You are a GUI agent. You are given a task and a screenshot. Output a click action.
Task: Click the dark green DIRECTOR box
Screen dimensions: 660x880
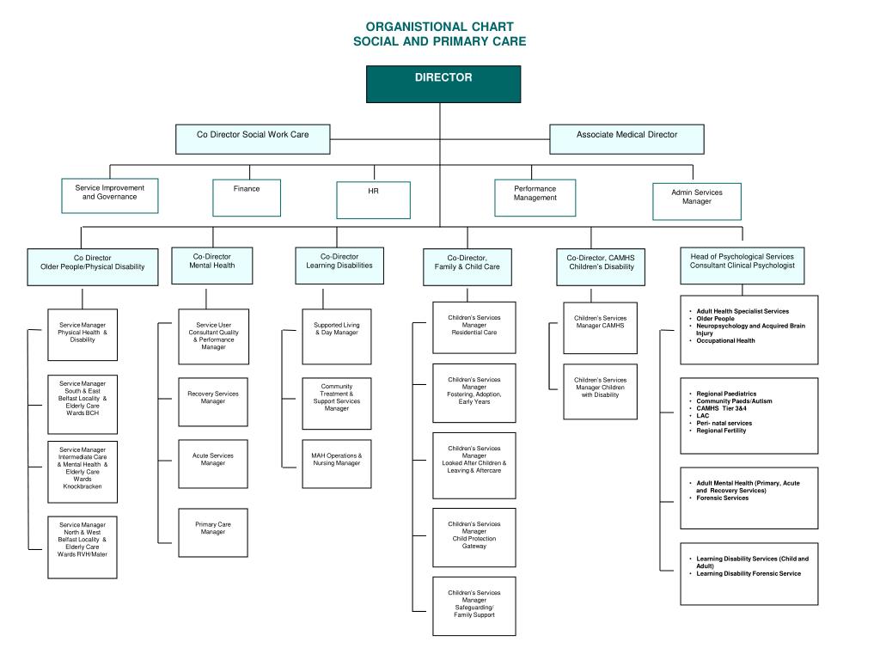click(x=443, y=84)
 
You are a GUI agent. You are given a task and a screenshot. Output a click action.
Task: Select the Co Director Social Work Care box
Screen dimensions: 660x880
click(x=253, y=138)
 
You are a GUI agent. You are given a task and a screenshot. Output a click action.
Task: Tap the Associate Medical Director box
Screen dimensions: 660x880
click(x=626, y=138)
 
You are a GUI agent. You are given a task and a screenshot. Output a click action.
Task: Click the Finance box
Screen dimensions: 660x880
click(x=247, y=198)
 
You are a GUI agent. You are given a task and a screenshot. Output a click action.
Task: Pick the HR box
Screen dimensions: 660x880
click(x=373, y=199)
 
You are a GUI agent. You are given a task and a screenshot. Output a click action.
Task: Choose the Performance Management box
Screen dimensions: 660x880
click(x=535, y=198)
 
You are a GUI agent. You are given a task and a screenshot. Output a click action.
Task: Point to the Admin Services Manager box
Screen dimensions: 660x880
click(x=697, y=201)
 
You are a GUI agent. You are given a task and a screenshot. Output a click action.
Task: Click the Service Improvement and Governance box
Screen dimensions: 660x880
click(x=109, y=196)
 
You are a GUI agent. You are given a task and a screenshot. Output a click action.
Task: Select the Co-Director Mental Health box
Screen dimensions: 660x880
click(x=211, y=266)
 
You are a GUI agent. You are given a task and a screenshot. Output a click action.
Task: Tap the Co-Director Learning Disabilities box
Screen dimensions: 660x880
click(x=339, y=266)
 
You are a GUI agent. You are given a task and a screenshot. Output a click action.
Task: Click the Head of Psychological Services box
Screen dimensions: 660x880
click(x=742, y=266)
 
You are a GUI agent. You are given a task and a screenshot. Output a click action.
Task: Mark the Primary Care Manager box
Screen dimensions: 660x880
click(x=213, y=533)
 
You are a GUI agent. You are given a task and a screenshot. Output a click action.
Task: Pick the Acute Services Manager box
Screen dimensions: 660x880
click(x=213, y=464)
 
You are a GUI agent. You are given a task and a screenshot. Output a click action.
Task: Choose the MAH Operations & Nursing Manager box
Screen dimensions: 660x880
click(x=337, y=464)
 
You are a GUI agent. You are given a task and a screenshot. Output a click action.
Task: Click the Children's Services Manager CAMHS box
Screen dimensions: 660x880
click(x=601, y=327)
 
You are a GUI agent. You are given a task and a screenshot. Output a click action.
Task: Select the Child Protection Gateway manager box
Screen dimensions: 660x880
click(x=474, y=537)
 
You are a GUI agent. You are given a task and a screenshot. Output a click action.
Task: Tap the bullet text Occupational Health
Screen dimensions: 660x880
click(x=726, y=340)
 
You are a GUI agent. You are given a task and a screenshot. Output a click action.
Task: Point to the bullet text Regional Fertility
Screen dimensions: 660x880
click(x=721, y=431)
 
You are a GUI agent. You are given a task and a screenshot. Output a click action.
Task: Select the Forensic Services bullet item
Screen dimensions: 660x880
click(x=723, y=498)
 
